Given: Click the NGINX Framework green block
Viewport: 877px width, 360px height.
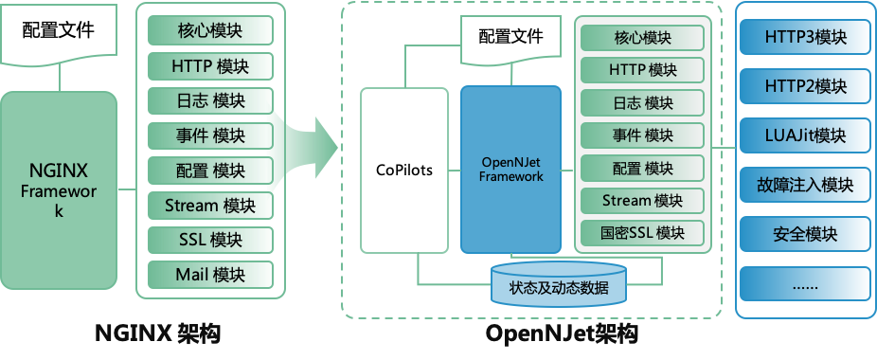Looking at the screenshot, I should (x=59, y=189).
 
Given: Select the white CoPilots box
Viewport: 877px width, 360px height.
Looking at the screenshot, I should (x=403, y=171).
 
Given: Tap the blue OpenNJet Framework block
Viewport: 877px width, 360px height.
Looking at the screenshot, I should (x=510, y=171).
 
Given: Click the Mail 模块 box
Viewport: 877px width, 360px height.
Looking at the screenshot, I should (x=210, y=275).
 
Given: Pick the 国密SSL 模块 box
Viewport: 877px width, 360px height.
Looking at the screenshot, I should (x=642, y=232).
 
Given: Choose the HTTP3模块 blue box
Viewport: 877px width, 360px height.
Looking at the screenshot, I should (x=804, y=39).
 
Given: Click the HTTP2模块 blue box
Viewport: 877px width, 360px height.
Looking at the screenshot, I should (x=804, y=87).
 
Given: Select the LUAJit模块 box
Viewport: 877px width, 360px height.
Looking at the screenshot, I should (x=804, y=135).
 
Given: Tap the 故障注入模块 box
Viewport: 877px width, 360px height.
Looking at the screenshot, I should (x=804, y=185).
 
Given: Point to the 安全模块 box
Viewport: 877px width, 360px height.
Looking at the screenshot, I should (x=804, y=233).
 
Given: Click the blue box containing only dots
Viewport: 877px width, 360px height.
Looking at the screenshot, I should (x=804, y=282).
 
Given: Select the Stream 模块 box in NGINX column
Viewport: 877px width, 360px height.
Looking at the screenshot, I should (x=210, y=206).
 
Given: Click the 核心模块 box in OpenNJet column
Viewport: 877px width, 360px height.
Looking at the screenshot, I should (x=642, y=39).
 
